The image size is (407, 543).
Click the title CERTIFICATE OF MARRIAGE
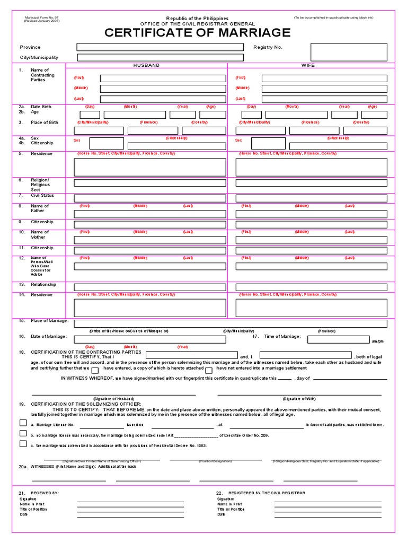pos(198,33)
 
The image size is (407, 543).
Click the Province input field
pos(160,47)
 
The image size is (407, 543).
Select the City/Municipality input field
pos(160,57)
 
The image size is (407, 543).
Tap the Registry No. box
pos(349,52)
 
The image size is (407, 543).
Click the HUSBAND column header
pos(146,65)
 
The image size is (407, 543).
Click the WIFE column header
pos(308,65)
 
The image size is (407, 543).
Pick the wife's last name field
pos(324,99)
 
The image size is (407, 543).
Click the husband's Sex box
pos(107,143)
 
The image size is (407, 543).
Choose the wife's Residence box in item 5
pos(311,167)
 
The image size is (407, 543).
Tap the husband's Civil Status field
pos(150,198)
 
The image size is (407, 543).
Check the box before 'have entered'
pos(95,370)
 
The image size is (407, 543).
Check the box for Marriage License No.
pos(23,423)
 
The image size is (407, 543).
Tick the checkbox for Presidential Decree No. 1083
pos(23,444)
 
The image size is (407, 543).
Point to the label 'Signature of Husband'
pos(113,398)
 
